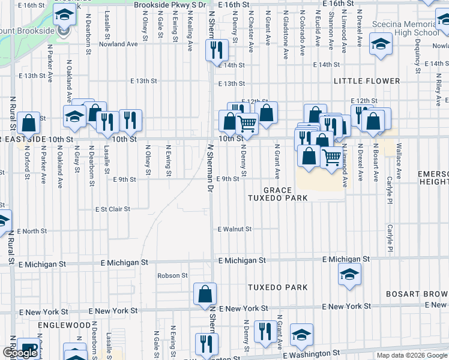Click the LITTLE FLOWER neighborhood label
click(368, 81)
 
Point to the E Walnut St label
click(234, 229)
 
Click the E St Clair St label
click(113, 209)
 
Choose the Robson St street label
click(172, 276)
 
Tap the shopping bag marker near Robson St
click(205, 293)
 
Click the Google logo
click(20, 353)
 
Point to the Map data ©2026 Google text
click(411, 355)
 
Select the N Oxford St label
click(28, 161)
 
